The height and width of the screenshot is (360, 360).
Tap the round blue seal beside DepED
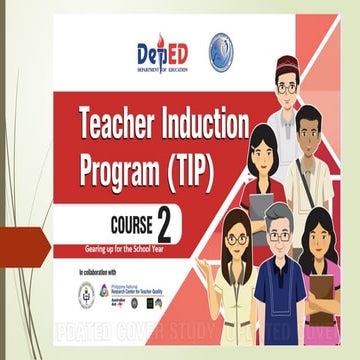[x=222, y=51]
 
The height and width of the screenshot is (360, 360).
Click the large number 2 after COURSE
[x=181, y=223]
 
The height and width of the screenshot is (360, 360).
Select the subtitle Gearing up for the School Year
[x=131, y=247]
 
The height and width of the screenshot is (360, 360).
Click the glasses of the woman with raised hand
[x=236, y=239]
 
